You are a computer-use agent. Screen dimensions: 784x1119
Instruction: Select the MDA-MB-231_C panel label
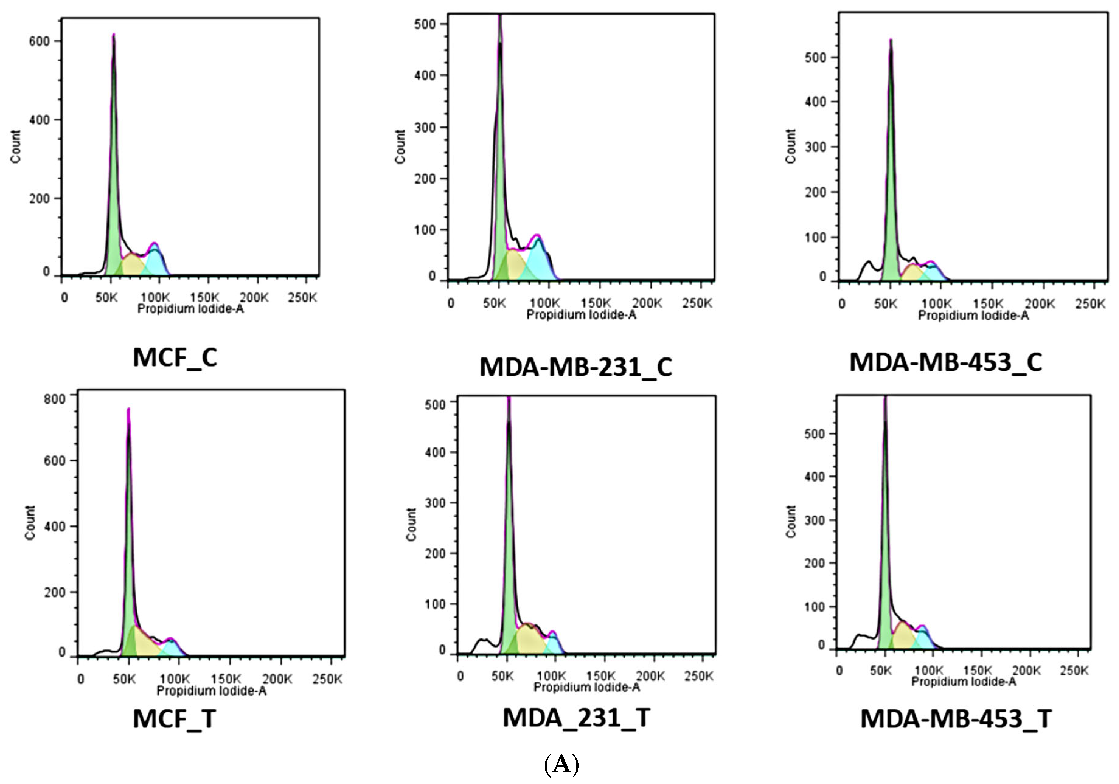click(575, 368)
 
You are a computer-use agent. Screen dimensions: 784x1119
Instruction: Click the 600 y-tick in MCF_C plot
click(40, 41)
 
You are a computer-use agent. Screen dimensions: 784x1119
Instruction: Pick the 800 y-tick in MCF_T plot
click(54, 399)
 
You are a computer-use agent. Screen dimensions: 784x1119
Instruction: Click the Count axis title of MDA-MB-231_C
click(401, 147)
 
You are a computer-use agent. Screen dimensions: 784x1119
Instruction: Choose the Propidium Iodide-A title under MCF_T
click(211, 691)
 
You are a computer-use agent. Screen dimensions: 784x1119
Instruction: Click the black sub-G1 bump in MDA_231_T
click(482, 642)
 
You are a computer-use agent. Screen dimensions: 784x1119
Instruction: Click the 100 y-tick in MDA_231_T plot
click(435, 604)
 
